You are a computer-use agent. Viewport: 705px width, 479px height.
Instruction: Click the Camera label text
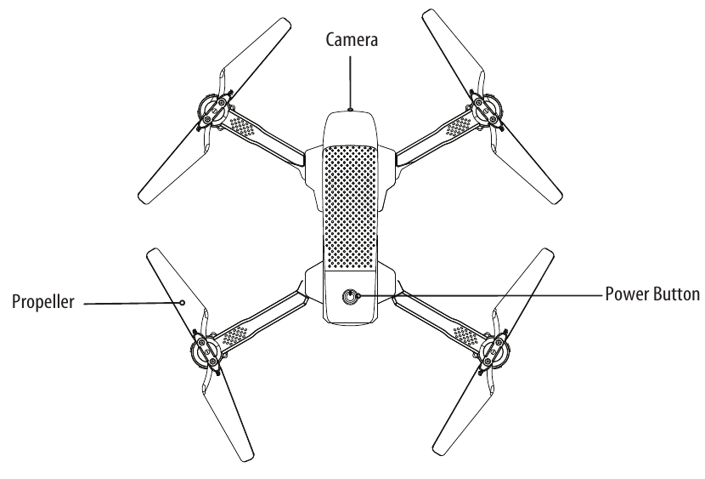pyautogui.click(x=351, y=39)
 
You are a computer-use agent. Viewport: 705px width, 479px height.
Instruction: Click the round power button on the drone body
pyautogui.click(x=350, y=297)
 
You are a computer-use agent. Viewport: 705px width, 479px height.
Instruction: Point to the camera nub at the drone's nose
pyautogui.click(x=350, y=110)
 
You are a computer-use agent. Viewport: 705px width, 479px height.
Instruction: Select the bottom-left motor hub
pyautogui.click(x=205, y=349)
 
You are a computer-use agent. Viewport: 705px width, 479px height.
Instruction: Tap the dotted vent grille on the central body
pyautogui.click(x=350, y=204)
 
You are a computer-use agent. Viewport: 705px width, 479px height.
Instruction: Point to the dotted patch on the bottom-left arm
pyautogui.click(x=238, y=328)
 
